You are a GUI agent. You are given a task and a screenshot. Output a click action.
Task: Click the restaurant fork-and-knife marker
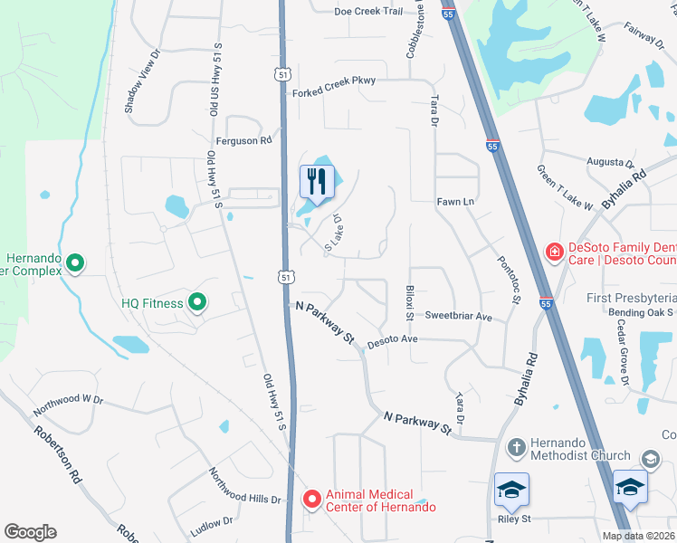(x=315, y=181)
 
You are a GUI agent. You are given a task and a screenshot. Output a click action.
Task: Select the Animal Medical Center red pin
(x=312, y=499)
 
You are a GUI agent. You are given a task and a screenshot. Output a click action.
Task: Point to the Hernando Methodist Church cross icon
(x=515, y=447)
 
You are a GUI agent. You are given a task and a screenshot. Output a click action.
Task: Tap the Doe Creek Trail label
(x=367, y=12)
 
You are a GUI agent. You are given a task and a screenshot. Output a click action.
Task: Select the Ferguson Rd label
(x=243, y=141)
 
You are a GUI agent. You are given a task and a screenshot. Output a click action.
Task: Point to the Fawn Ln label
(x=455, y=201)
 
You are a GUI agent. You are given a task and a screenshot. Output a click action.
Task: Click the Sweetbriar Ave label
(x=458, y=318)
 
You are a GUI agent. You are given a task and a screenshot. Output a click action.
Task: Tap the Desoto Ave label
(x=391, y=339)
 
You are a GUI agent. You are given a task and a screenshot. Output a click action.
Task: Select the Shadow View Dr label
(x=143, y=81)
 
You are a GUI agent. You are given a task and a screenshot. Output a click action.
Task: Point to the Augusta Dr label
(x=610, y=162)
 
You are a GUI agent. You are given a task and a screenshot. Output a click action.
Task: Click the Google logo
(x=30, y=532)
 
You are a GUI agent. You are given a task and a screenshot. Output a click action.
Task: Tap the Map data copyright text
(x=638, y=536)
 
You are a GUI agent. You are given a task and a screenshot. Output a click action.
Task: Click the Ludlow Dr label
(x=212, y=522)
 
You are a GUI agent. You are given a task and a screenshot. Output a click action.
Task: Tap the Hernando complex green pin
(x=75, y=263)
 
